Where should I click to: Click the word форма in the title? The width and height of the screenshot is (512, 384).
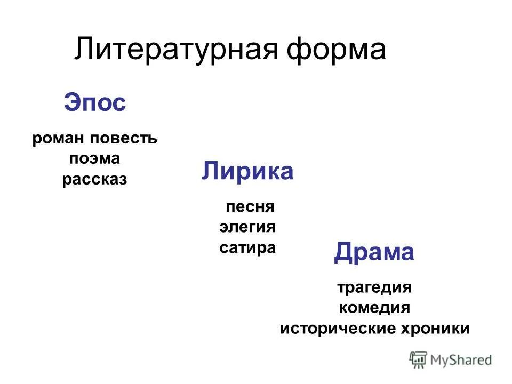click(336, 50)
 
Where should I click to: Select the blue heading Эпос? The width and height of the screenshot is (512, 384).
click(95, 102)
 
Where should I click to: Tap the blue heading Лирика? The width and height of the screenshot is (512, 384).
click(247, 172)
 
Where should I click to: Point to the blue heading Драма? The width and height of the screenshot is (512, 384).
click(374, 252)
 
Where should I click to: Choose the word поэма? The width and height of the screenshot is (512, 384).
click(94, 158)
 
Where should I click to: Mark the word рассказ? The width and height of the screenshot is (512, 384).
click(94, 179)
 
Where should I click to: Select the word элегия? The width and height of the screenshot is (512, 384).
click(247, 227)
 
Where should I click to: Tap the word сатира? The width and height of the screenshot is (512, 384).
click(247, 247)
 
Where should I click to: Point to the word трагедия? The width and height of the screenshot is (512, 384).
click(374, 287)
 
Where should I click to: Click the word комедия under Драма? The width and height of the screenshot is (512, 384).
click(374, 308)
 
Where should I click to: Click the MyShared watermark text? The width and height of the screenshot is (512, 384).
click(461, 359)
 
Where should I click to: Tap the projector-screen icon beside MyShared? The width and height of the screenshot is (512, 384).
click(418, 359)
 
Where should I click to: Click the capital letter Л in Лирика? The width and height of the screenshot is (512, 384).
click(210, 172)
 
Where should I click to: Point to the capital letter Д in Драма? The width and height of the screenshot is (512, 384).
click(343, 252)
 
